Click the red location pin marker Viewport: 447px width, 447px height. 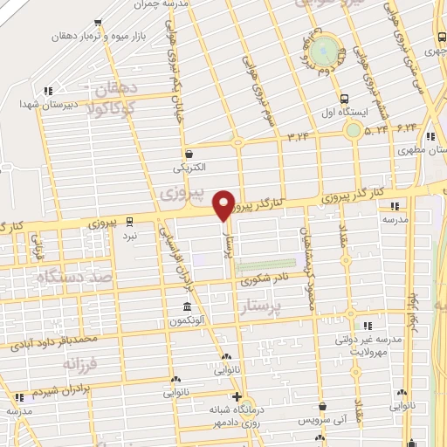click(224, 203)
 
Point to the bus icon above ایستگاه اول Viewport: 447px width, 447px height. click(344, 100)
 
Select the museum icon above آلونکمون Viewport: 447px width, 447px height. click(188, 306)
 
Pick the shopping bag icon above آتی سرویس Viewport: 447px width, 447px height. click(324, 405)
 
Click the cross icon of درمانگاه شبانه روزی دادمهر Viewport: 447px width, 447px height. click(236, 397)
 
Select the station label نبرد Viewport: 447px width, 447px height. click(130, 237)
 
